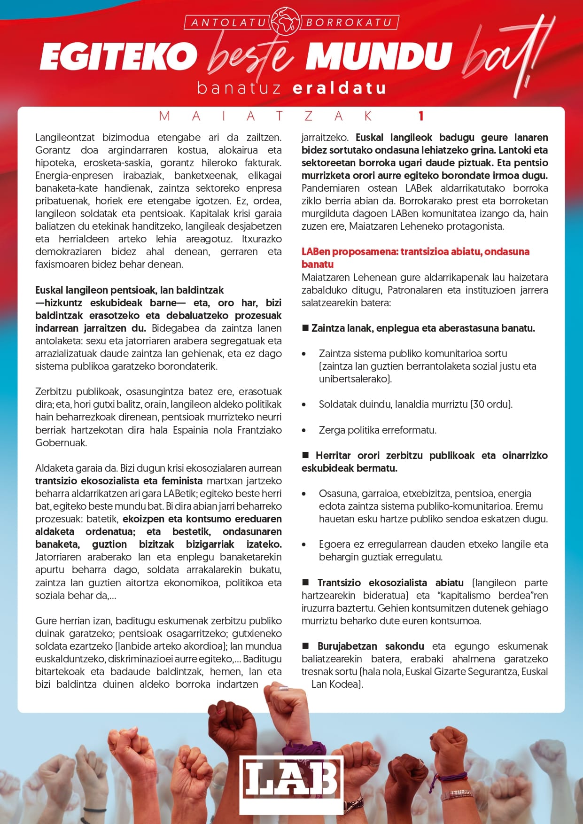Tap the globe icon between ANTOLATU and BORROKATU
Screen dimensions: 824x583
click(286, 22)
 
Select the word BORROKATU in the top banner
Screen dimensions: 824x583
click(349, 23)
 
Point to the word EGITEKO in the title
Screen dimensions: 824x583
click(118, 56)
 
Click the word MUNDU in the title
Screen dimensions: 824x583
click(379, 56)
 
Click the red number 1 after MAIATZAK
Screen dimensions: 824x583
click(421, 116)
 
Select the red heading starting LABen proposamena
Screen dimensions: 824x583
click(415, 252)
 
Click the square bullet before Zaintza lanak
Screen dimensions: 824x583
click(305, 328)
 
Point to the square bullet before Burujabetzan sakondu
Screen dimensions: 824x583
click(306, 646)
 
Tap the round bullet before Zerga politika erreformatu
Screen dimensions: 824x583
click(304, 430)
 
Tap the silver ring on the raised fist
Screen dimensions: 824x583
click(283, 688)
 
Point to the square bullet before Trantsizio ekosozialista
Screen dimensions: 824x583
click(306, 583)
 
